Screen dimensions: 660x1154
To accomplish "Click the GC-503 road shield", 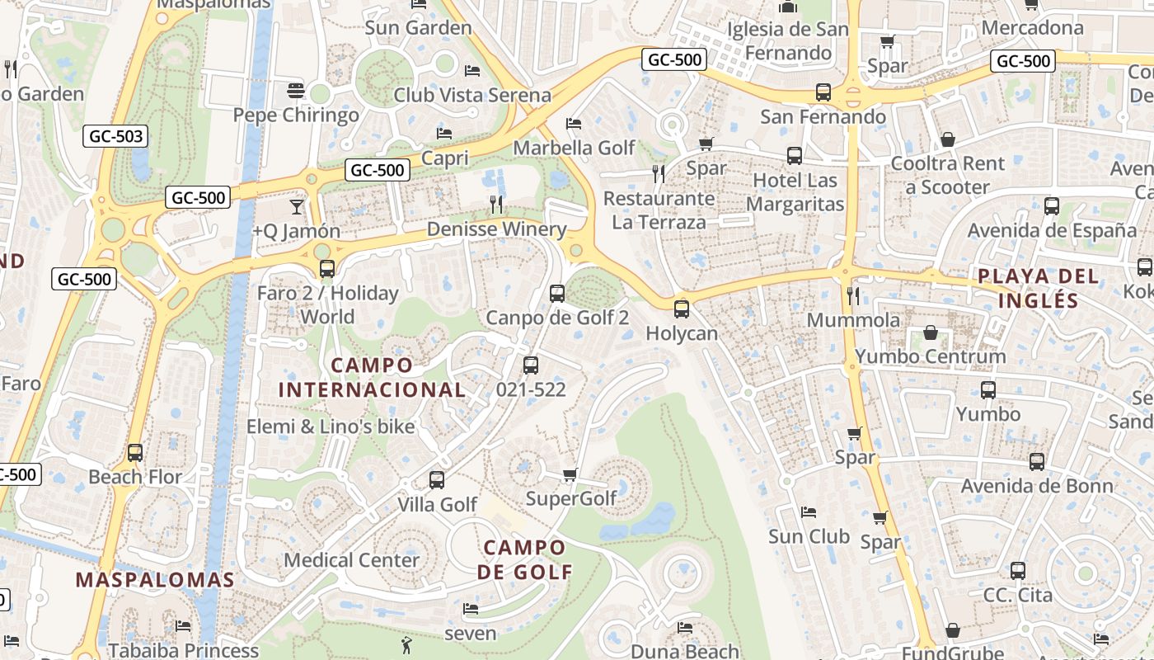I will (x=115, y=136).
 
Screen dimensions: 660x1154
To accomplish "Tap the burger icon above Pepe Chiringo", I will (x=296, y=90).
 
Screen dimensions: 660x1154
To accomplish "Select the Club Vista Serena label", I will (x=472, y=95).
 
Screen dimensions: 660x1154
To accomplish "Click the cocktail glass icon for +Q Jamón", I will (x=297, y=206).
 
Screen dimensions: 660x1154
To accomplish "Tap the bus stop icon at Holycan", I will (x=682, y=309).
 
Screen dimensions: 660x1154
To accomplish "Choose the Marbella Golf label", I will (x=574, y=148).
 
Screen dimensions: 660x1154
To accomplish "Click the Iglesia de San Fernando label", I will (x=787, y=41).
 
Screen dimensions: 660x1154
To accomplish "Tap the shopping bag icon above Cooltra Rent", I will (x=948, y=139).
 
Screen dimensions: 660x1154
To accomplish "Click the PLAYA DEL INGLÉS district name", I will (x=1039, y=288).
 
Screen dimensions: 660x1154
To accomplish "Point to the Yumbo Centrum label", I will (x=931, y=356).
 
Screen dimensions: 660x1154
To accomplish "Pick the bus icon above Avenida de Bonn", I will (x=1037, y=462).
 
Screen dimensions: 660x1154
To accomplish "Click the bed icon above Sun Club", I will (x=809, y=512).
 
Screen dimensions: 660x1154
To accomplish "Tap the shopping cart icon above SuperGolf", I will (x=570, y=474).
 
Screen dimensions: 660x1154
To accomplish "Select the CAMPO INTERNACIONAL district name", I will (x=372, y=377).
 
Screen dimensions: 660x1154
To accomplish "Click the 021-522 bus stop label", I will (x=532, y=389).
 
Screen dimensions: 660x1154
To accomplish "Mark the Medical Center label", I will (x=352, y=560).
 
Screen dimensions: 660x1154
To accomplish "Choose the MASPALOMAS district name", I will (x=156, y=579).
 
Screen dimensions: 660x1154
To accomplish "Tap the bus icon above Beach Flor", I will (x=135, y=453).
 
